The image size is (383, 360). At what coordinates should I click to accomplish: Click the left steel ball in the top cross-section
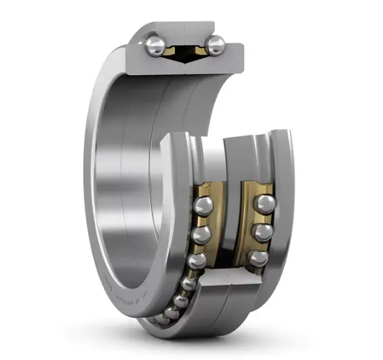click(x=155, y=46)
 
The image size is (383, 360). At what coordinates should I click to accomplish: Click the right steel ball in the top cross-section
click(x=215, y=46)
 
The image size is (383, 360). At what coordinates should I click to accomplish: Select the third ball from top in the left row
click(x=197, y=261)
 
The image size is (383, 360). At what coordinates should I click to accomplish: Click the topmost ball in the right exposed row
click(x=265, y=204)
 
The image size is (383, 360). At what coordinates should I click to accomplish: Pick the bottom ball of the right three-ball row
click(x=257, y=257)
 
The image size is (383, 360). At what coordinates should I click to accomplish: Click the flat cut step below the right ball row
click(x=238, y=279)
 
